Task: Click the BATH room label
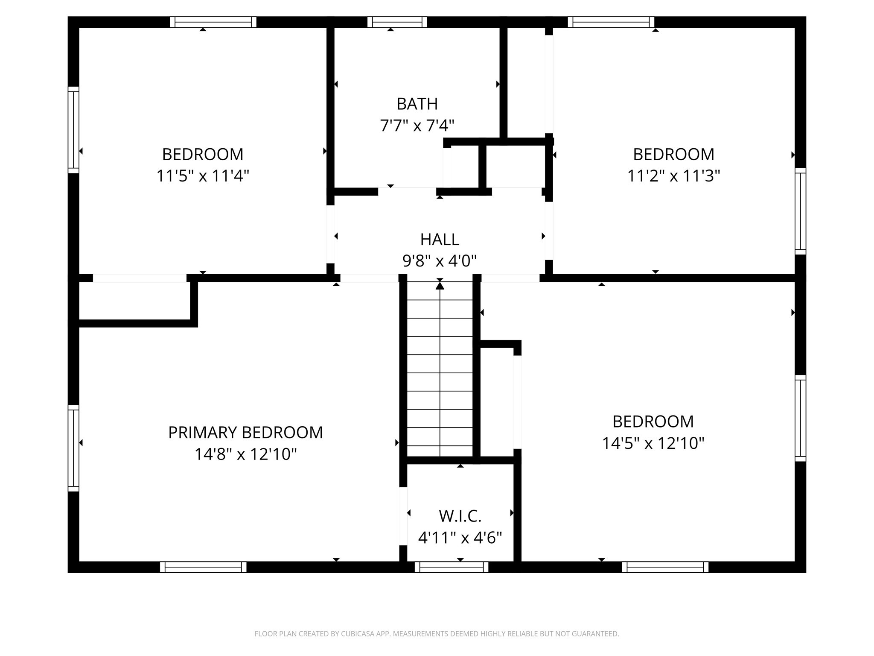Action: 417,104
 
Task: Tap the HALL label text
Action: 440,240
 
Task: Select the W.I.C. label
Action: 460,516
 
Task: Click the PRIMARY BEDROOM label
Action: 245,433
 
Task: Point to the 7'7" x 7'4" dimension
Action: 417,126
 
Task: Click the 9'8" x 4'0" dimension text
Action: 440,261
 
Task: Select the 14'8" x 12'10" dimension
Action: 245,454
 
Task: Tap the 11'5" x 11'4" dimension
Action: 203,176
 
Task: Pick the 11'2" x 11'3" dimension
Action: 673,176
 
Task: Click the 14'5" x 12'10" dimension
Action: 653,443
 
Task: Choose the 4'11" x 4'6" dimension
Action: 460,538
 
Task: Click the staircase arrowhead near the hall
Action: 440,285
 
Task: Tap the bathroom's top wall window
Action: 397,22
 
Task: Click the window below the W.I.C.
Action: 452,567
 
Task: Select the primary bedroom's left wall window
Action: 73,448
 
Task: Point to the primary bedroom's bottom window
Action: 203,567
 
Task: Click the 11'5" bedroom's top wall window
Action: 213,22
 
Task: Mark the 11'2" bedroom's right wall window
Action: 800,211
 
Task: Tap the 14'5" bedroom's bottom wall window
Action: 665,567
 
